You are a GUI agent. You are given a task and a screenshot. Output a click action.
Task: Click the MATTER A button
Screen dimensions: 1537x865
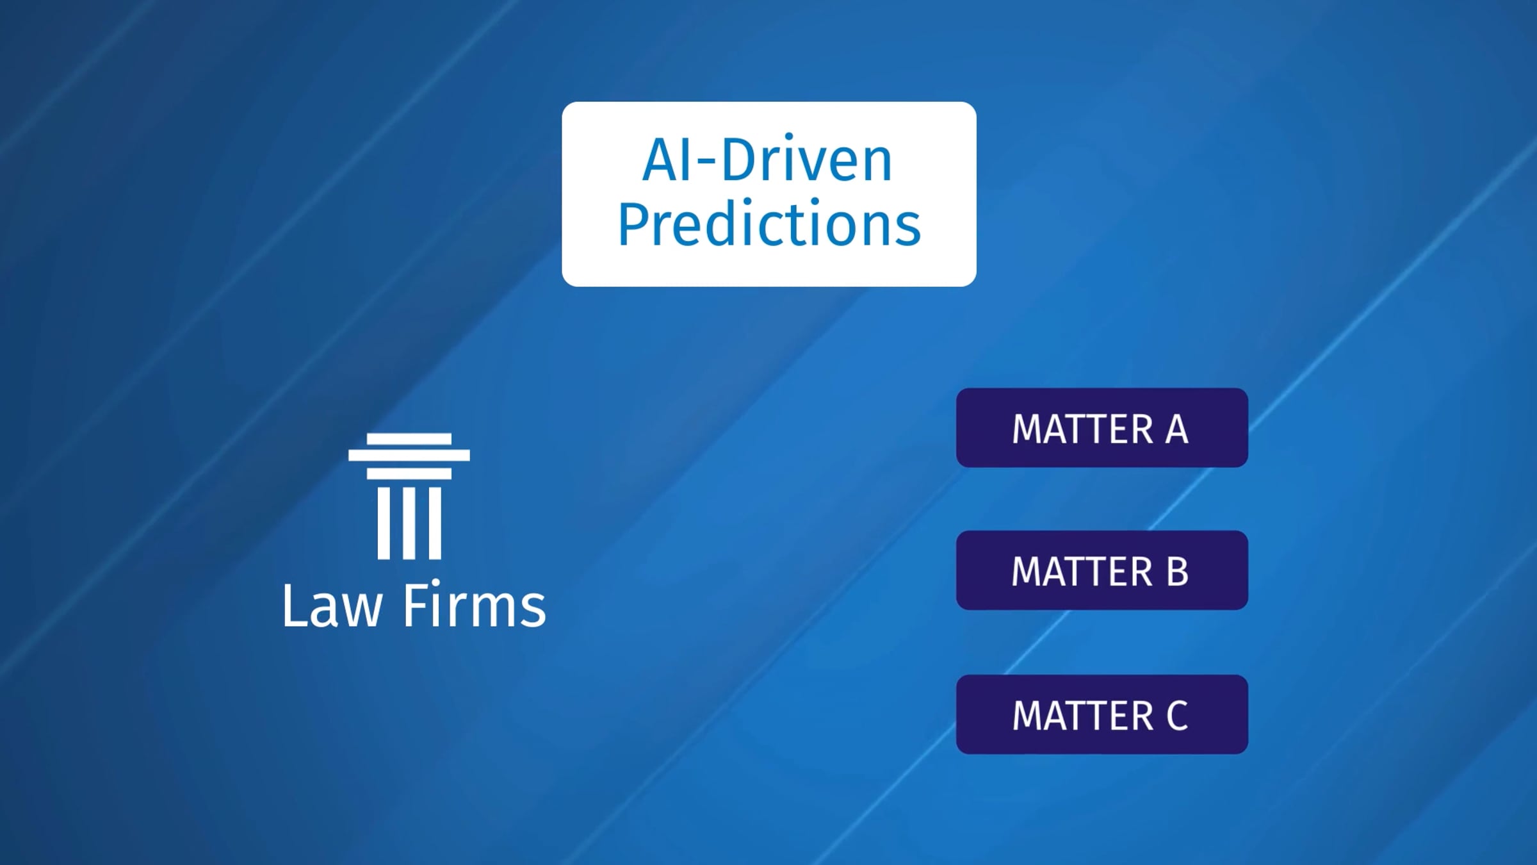coord(1102,427)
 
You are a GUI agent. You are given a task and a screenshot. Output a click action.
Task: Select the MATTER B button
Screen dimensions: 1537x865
coord(1102,570)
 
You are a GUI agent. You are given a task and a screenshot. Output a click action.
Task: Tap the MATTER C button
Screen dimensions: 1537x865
coord(1102,714)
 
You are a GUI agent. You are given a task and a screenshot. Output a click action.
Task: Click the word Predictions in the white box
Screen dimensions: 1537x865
coord(768,224)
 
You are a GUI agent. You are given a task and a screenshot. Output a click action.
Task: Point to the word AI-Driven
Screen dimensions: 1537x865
coord(767,159)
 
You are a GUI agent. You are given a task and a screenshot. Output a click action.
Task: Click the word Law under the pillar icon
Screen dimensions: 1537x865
coord(332,605)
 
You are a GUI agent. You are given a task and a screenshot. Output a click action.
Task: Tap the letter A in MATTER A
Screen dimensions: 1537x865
coord(1176,429)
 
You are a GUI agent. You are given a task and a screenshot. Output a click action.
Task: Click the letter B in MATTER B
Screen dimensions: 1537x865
coord(1177,572)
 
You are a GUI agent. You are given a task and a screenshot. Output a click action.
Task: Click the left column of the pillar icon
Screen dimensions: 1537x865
coord(384,523)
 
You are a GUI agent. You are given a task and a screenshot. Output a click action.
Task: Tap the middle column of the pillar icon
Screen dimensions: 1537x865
coord(409,523)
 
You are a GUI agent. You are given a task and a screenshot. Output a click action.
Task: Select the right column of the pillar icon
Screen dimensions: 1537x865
coord(435,523)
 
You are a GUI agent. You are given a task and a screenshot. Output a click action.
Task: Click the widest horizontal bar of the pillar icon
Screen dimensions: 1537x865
coord(409,456)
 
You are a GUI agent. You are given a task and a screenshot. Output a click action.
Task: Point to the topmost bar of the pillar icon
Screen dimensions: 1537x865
coord(409,439)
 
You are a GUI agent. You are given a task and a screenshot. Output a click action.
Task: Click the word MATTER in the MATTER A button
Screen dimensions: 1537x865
coord(1082,429)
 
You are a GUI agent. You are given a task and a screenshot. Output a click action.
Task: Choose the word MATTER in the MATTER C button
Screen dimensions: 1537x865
coord(1082,715)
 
